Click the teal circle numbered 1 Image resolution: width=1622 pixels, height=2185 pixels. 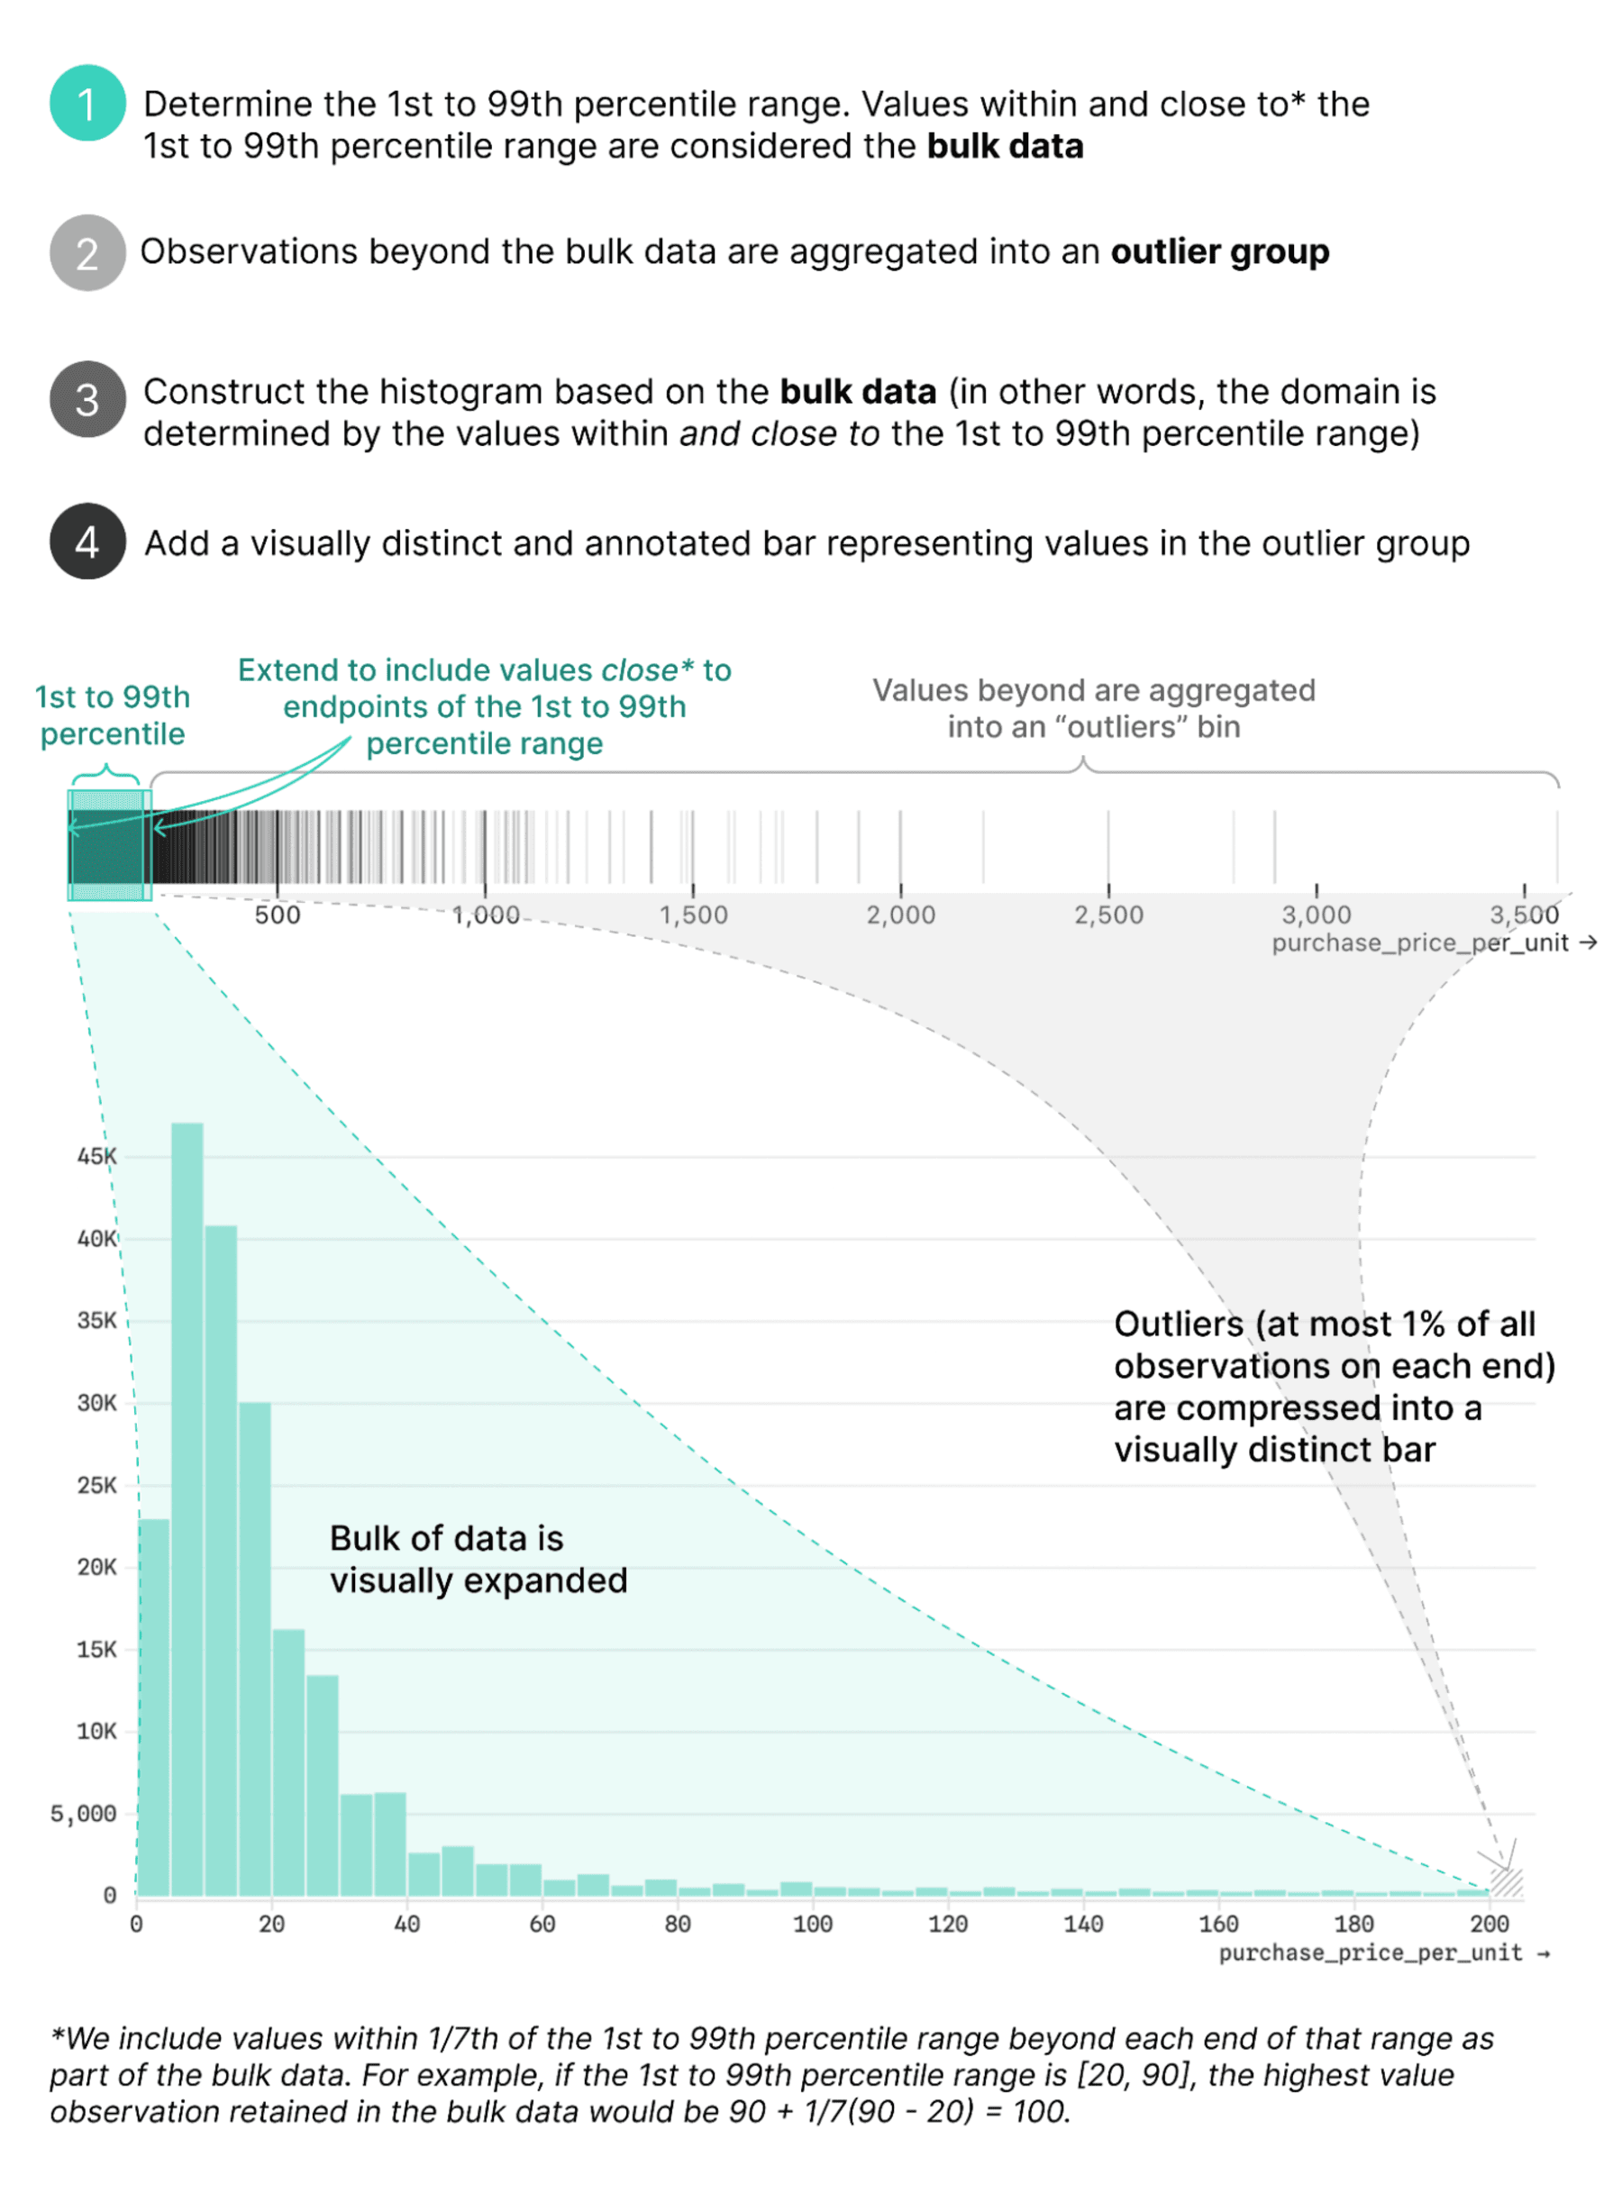(87, 103)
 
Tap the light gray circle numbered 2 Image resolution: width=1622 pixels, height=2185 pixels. (87, 252)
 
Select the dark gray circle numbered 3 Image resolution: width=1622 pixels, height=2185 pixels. (87, 398)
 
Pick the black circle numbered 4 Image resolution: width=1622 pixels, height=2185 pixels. (87, 541)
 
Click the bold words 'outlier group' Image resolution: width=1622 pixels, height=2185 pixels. (1219, 252)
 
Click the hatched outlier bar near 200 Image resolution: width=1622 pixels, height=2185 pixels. (1506, 1880)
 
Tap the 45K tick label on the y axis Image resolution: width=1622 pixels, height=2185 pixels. (96, 1156)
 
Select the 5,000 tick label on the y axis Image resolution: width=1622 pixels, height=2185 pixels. (84, 1813)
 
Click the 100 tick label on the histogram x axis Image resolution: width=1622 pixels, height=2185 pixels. (812, 1924)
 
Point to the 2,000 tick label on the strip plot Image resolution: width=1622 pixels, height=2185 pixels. (900, 915)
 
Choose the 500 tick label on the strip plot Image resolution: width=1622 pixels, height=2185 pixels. (277, 915)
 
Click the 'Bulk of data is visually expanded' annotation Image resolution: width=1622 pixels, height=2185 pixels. (478, 1559)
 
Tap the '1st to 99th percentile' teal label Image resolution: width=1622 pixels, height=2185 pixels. (112, 715)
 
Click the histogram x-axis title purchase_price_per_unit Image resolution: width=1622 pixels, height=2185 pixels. (1371, 1953)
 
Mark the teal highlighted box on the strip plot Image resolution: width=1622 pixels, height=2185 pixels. (109, 845)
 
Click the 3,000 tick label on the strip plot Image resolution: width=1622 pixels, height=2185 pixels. (1316, 915)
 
